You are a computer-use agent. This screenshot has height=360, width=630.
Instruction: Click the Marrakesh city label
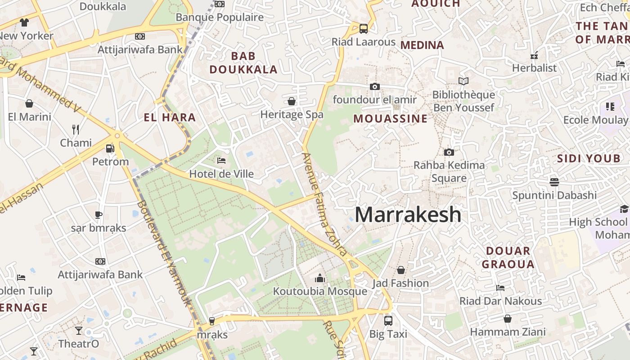pyautogui.click(x=408, y=215)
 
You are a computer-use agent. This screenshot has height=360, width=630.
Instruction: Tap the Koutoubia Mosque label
pyautogui.click(x=320, y=291)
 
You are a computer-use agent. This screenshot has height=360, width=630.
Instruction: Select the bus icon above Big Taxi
pyautogui.click(x=388, y=321)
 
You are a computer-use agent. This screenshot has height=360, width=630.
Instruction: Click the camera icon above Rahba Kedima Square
pyautogui.click(x=449, y=152)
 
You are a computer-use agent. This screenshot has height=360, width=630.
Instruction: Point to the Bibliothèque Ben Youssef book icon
pyautogui.click(x=463, y=81)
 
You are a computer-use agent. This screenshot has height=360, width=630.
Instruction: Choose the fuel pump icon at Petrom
pyautogui.click(x=110, y=148)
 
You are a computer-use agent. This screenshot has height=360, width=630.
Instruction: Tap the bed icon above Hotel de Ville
pyautogui.click(x=221, y=160)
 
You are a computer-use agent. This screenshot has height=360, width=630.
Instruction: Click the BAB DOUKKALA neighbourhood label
pyautogui.click(x=243, y=63)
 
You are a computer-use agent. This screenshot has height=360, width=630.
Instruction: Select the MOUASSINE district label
pyautogui.click(x=390, y=119)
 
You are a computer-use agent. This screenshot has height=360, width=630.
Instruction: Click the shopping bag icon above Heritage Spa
pyautogui.click(x=292, y=101)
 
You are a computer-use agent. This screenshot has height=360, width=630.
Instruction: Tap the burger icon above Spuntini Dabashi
pyautogui.click(x=554, y=182)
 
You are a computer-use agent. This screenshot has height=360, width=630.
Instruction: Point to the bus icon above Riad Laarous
pyautogui.click(x=363, y=29)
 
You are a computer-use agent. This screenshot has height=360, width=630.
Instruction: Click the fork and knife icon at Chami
pyautogui.click(x=76, y=130)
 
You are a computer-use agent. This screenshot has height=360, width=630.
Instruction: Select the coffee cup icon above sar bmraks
pyautogui.click(x=98, y=215)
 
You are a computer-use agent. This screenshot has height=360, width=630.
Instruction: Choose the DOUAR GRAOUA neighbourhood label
pyautogui.click(x=508, y=257)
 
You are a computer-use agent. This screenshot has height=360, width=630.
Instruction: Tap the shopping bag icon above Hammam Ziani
pyautogui.click(x=508, y=319)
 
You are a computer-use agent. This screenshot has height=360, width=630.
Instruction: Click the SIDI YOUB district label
pyautogui.click(x=589, y=158)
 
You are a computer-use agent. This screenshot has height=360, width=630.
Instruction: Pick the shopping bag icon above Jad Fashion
pyautogui.click(x=400, y=270)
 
